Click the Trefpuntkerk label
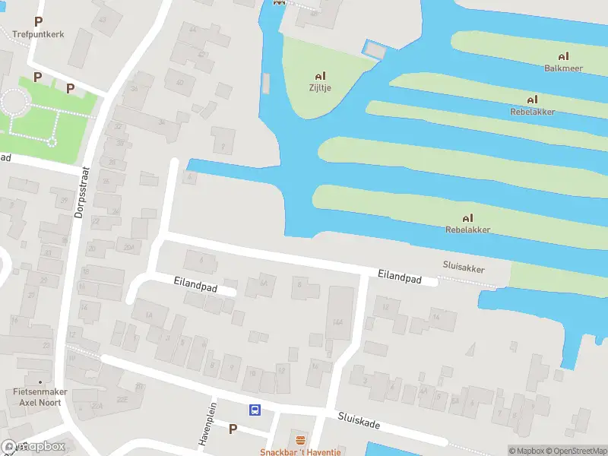pos(38,33)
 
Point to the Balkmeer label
pos(563,68)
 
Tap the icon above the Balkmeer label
pos(563,56)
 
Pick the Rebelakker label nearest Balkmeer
pos(532,112)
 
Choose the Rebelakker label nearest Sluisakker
pos(467,230)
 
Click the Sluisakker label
pos(464,268)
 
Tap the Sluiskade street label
pos(359,421)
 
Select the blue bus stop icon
pos(255,410)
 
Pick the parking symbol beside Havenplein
pos(233,429)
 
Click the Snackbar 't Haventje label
pos(300,452)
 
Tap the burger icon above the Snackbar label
pos(300,441)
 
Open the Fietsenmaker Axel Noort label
pos(40,397)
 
